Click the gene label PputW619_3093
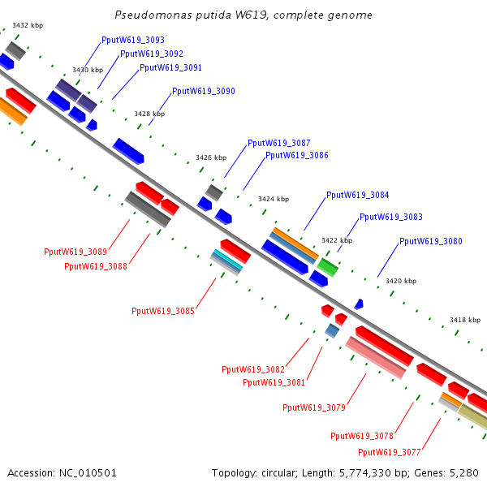[x=133, y=40]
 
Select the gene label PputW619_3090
[x=204, y=92]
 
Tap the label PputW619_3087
[x=278, y=143]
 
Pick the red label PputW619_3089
[x=75, y=252]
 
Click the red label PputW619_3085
[x=163, y=311]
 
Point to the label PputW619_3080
[x=431, y=241]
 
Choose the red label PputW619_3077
[x=389, y=452]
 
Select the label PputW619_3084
[x=357, y=196]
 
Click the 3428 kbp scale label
[x=149, y=114]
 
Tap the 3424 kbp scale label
[x=274, y=199]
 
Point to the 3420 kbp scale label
[x=401, y=281]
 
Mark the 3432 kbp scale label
[x=28, y=25]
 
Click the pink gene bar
[x=375, y=357]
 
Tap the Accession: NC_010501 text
[x=62, y=472]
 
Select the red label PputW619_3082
[x=253, y=369]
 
